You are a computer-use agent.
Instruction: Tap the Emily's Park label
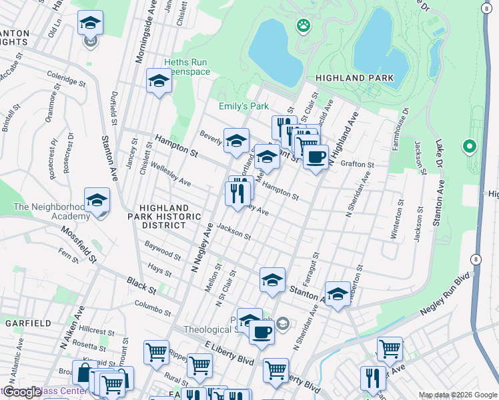pos(243,106)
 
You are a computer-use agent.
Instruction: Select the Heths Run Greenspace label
pos(189,67)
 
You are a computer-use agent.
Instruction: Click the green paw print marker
pos(303,26)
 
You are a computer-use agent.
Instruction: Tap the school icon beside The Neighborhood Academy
pos(97,200)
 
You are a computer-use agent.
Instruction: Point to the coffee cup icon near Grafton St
pos(316,157)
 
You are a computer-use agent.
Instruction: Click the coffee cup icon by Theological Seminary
pos(262,331)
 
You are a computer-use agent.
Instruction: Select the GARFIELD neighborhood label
pos(28,323)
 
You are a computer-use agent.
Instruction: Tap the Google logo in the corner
pos(22,392)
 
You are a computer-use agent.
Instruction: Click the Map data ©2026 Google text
pos(457,395)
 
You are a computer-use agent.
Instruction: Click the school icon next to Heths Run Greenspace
pos(159,81)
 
